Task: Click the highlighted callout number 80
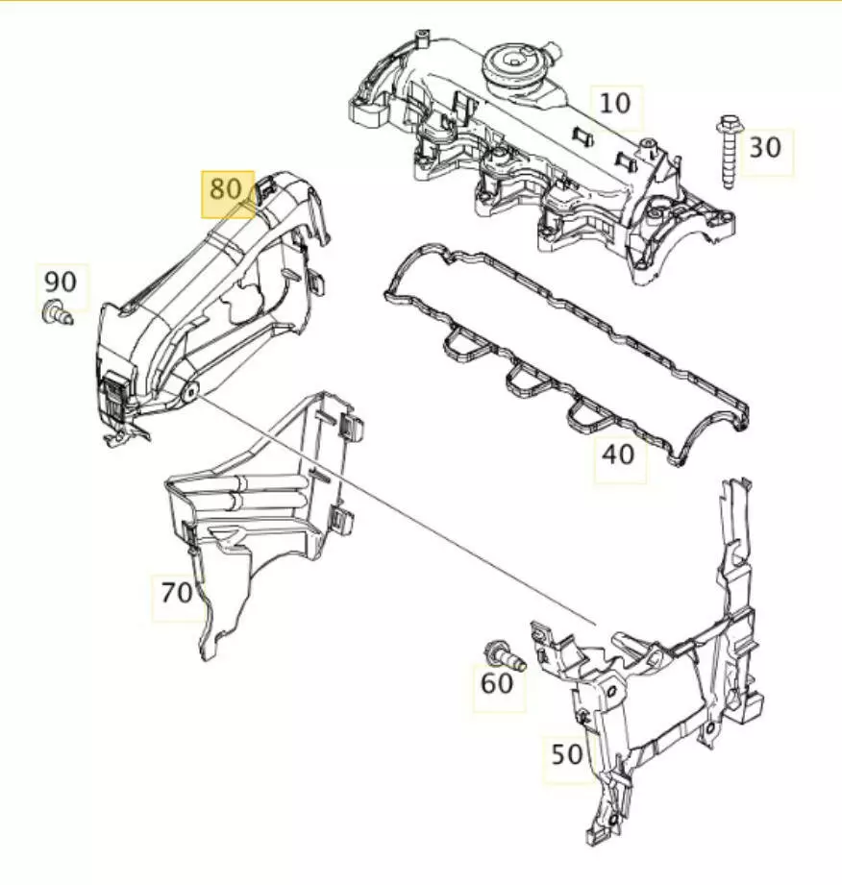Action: pyautogui.click(x=226, y=188)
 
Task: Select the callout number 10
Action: pyautogui.click(x=615, y=104)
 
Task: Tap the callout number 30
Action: pyautogui.click(x=765, y=148)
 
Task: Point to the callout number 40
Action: pyautogui.click(x=618, y=455)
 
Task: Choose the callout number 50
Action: pyautogui.click(x=566, y=754)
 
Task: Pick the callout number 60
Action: pyautogui.click(x=497, y=683)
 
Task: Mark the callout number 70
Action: pyautogui.click(x=177, y=593)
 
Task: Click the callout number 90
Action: pyautogui.click(x=61, y=282)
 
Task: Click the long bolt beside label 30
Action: pyautogui.click(x=728, y=152)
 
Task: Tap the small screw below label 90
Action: pyautogui.click(x=57, y=312)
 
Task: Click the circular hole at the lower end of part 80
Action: pyautogui.click(x=189, y=390)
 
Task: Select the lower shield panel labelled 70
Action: pyautogui.click(x=260, y=508)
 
